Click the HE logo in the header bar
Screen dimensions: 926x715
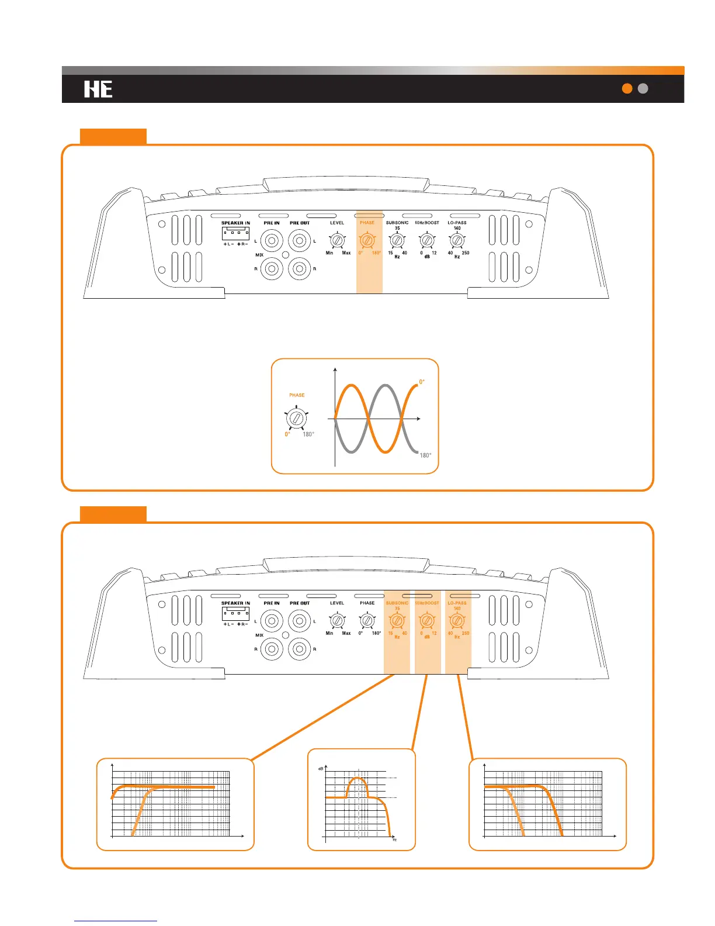tap(98, 89)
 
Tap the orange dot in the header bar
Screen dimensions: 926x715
tap(627, 88)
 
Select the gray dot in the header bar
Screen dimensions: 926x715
tap(643, 88)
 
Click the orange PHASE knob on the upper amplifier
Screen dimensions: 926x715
tap(367, 240)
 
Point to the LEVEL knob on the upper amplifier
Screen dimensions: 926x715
tap(337, 240)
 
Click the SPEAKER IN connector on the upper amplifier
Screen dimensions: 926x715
tap(235, 233)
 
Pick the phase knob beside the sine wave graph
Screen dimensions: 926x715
tap(296, 419)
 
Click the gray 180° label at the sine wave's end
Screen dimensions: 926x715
tap(426, 455)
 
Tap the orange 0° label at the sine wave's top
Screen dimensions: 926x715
tap(422, 382)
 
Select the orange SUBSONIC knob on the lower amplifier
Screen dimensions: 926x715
tap(397, 620)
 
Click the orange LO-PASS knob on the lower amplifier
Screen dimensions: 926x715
tap(457, 620)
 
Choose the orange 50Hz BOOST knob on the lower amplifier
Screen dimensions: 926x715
tap(427, 620)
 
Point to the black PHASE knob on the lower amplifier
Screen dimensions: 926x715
tap(367, 620)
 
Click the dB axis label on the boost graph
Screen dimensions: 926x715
tap(321, 768)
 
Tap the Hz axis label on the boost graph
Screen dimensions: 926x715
tap(395, 840)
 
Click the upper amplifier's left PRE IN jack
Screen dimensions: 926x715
tap(272, 240)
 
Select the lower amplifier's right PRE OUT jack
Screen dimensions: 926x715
tap(300, 649)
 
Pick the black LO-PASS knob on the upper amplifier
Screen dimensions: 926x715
tap(457, 240)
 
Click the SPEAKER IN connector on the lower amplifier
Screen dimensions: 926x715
tap(235, 613)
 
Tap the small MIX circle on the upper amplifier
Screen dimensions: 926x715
tap(286, 255)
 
